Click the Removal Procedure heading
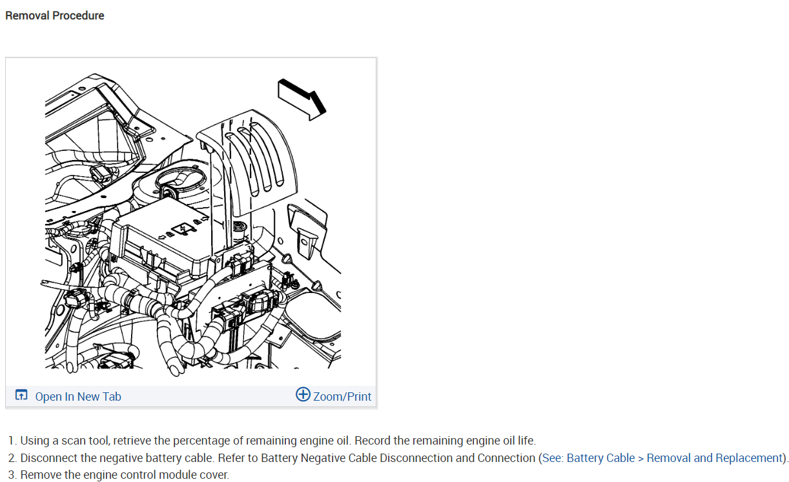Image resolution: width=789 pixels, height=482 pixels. [x=54, y=15]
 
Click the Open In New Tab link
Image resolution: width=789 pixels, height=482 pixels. [x=77, y=396]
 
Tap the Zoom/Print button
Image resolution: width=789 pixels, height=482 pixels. [x=342, y=396]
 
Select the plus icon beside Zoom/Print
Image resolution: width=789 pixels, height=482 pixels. [x=303, y=394]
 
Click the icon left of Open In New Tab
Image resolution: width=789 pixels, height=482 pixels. [x=22, y=396]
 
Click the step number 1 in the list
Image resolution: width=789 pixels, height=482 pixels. [x=12, y=441]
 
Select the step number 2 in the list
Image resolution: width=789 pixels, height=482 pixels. [x=12, y=458]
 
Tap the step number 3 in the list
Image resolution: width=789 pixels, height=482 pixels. [x=12, y=475]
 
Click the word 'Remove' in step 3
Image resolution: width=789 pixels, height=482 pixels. [x=40, y=475]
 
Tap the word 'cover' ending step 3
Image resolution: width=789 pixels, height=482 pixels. [x=214, y=475]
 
